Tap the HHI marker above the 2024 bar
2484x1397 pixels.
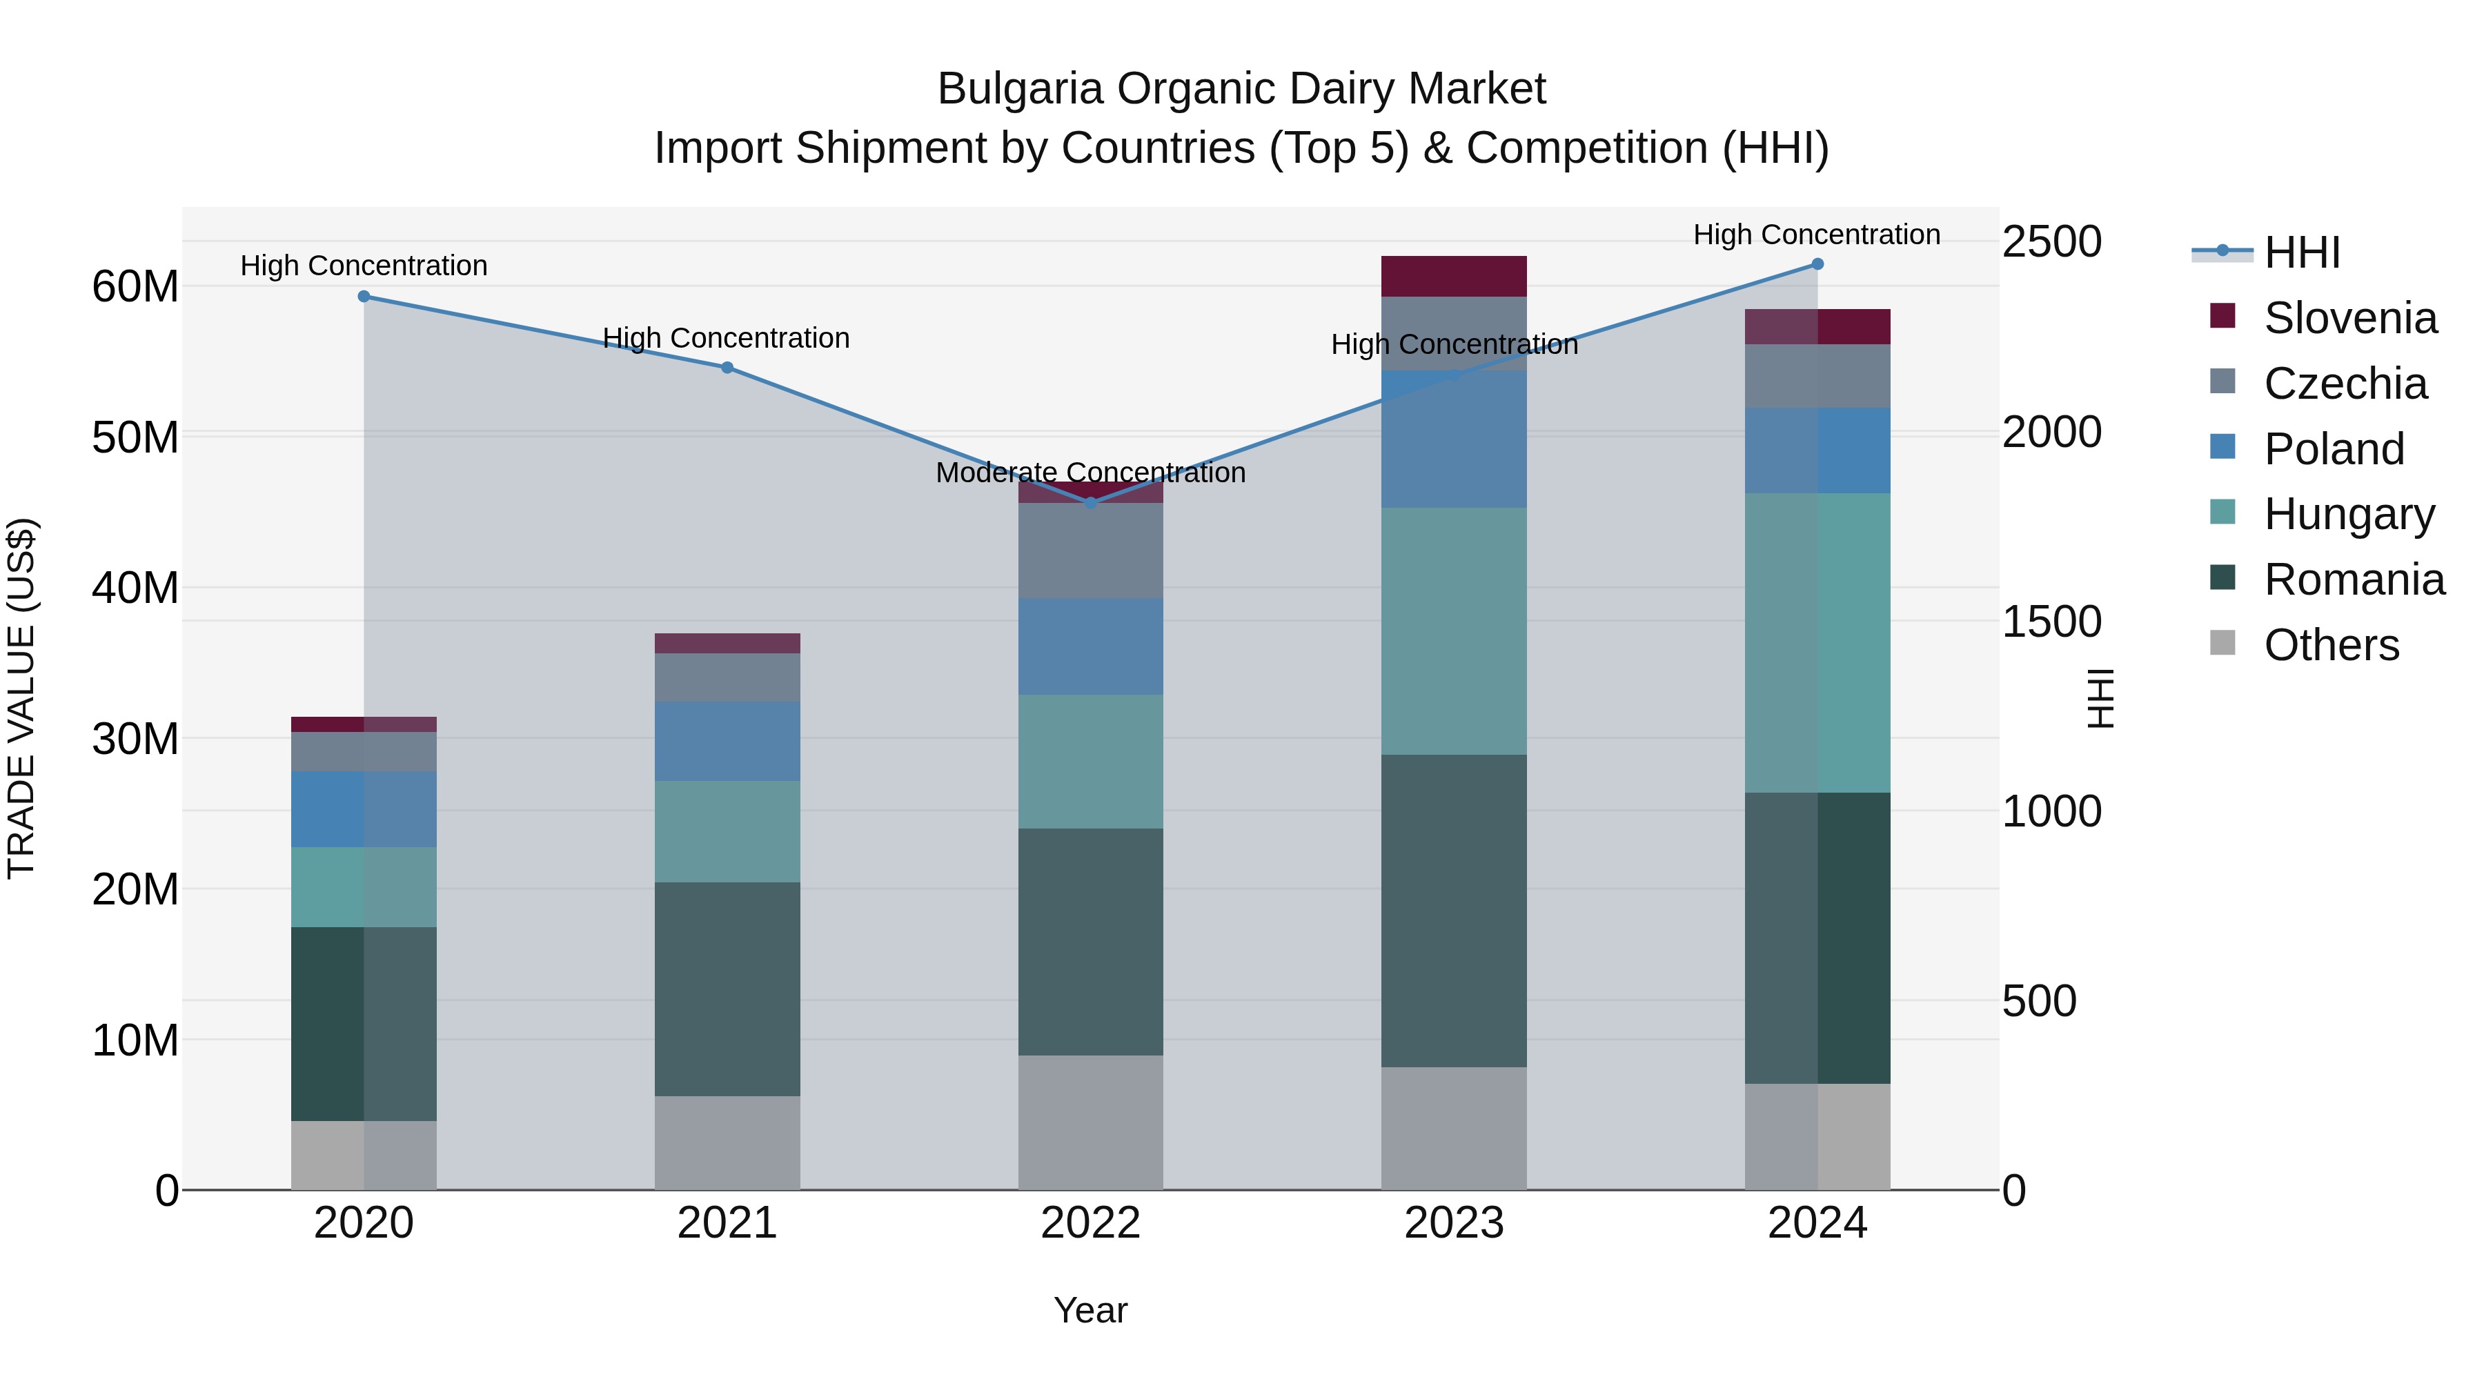(x=1817, y=264)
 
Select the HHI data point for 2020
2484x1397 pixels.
(x=364, y=296)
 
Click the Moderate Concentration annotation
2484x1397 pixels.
(x=1091, y=473)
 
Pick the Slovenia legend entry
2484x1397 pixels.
(x=2350, y=318)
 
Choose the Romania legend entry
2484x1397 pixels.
(x=2354, y=579)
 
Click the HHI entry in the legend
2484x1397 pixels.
(x=2302, y=252)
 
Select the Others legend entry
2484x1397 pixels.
(x=2331, y=645)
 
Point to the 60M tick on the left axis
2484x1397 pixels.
(x=135, y=286)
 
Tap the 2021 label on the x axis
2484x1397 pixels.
(x=727, y=1223)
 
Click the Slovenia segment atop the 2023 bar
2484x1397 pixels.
(x=1453, y=276)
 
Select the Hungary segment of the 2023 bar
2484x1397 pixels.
(x=1453, y=631)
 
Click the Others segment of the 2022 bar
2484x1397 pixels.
(x=1091, y=1122)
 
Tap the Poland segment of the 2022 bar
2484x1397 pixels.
(x=1091, y=646)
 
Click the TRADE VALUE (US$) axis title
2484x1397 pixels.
(x=21, y=698)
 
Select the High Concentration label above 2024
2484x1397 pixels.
(x=1817, y=235)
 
